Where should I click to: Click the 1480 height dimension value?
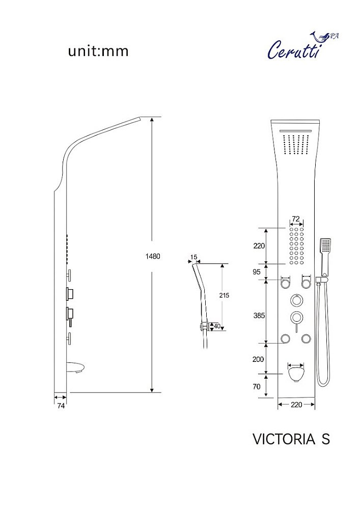tap(153, 257)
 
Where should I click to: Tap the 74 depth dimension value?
tap(61, 406)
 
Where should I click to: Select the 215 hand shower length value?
tap(224, 295)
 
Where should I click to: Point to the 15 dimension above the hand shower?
tap(194, 257)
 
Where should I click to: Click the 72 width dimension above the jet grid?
tap(296, 219)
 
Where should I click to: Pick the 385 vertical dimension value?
tap(259, 315)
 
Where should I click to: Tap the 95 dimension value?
tap(257, 272)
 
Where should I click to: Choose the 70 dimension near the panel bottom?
tap(257, 387)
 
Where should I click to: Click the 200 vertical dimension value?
tap(258, 359)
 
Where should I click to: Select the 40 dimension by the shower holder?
tap(217, 326)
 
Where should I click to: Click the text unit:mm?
tap(98, 51)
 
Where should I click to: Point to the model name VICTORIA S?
tap(291, 439)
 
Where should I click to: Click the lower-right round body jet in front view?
tap(306, 339)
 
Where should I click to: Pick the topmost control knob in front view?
tap(296, 300)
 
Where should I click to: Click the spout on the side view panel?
tap(77, 368)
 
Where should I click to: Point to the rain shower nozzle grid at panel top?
tap(296, 145)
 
